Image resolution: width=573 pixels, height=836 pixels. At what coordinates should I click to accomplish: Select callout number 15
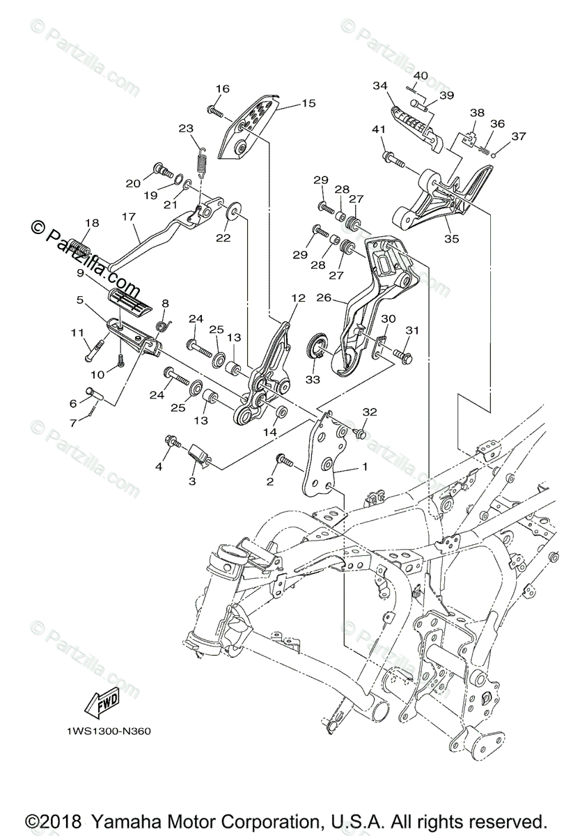pyautogui.click(x=308, y=103)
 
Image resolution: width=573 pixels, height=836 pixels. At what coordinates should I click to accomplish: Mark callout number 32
pyautogui.click(x=368, y=412)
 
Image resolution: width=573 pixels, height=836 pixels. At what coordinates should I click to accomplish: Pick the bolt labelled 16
pyautogui.click(x=214, y=111)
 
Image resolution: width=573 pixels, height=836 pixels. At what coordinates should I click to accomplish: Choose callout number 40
pyautogui.click(x=421, y=75)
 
